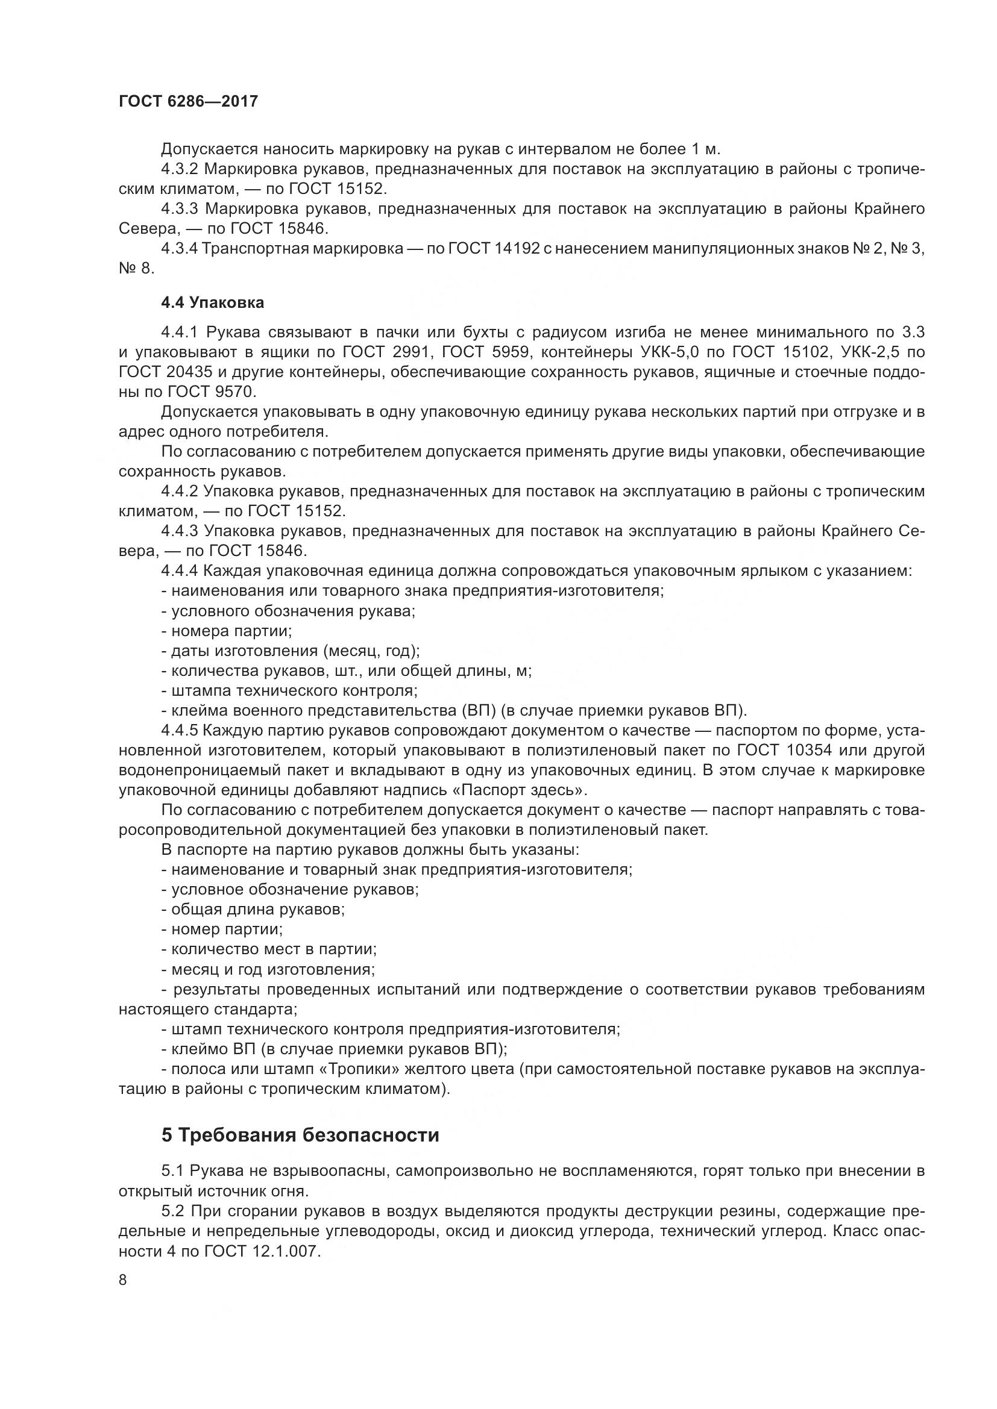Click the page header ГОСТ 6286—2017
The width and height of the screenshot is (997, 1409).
[x=188, y=101]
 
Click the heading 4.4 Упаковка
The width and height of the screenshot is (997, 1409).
[x=212, y=302]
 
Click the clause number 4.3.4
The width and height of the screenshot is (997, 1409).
[x=179, y=249]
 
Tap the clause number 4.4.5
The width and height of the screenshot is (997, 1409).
[x=179, y=731]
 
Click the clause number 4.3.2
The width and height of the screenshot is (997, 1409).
[x=180, y=169]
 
